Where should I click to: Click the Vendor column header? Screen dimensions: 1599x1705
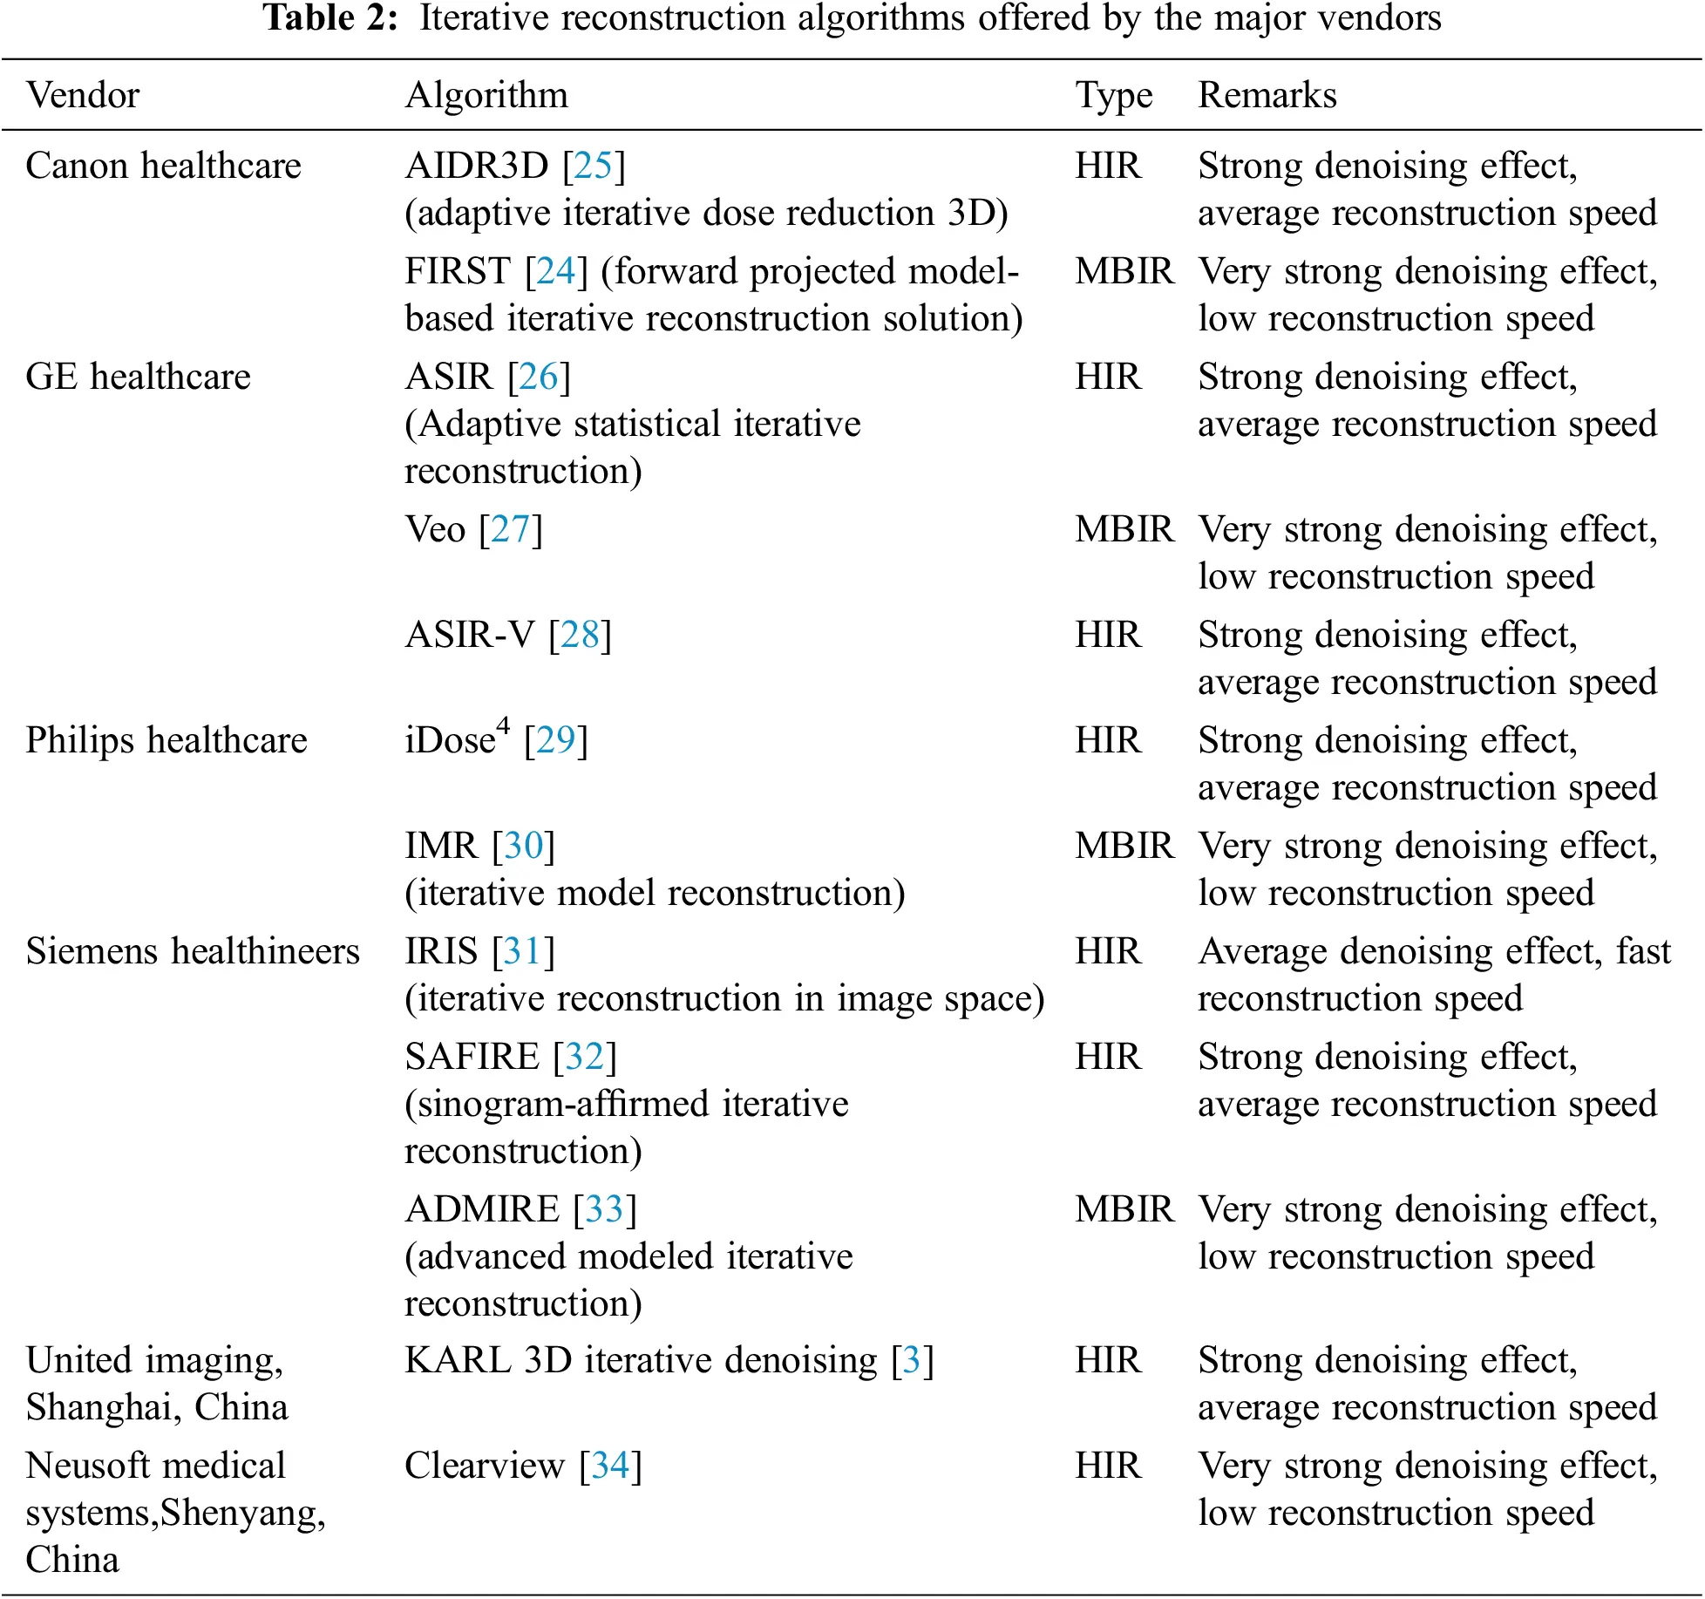point(82,95)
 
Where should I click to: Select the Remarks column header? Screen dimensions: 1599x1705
point(1267,95)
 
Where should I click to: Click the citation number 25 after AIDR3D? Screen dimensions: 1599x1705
point(594,166)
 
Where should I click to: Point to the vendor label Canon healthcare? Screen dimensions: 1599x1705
point(163,166)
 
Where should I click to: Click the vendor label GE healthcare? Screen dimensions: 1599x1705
point(138,377)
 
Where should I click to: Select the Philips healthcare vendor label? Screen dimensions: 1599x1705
point(166,740)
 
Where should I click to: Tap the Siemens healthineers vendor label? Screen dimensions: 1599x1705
point(192,951)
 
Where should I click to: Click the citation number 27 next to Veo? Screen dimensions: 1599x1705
point(510,529)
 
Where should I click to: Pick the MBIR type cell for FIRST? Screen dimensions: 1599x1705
point(1124,271)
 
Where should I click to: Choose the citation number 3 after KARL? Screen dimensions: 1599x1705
point(912,1360)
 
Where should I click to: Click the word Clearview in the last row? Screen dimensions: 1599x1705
point(485,1466)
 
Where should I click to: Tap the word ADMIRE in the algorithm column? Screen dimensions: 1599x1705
point(482,1209)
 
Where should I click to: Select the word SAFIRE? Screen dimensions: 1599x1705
point(472,1057)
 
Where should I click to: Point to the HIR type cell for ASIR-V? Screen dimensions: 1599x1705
point(1107,635)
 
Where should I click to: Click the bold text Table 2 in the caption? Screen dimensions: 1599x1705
point(329,17)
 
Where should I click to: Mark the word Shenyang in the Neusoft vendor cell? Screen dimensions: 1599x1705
point(243,1514)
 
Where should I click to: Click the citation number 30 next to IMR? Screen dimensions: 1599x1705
point(523,846)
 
